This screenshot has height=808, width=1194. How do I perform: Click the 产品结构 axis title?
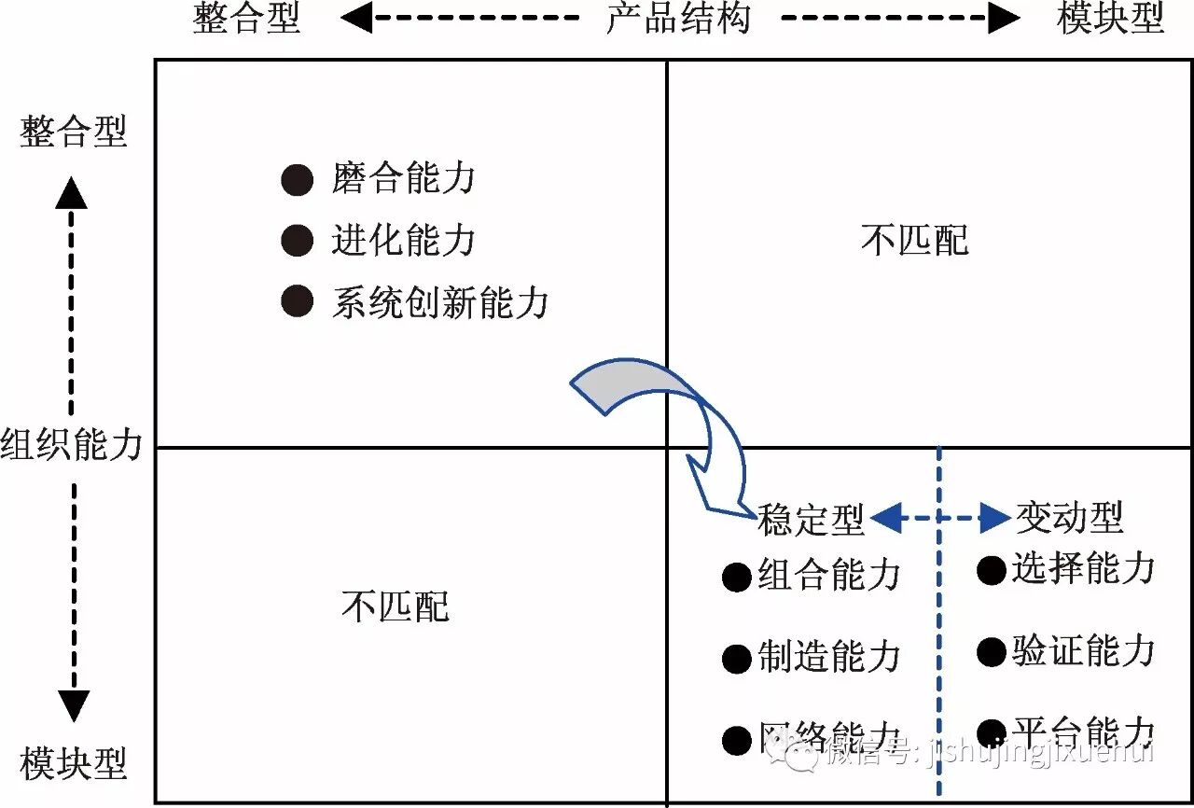coord(678,18)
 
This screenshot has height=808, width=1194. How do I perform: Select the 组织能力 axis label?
coord(72,444)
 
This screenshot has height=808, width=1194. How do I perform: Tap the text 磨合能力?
coord(403,178)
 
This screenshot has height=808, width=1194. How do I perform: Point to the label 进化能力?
coord(403,240)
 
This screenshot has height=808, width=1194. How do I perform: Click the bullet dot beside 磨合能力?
coord(297,179)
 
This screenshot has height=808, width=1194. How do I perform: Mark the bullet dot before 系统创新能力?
coord(297,301)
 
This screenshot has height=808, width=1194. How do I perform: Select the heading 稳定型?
coord(811,519)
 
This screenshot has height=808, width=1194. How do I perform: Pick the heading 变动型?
coord(1069,516)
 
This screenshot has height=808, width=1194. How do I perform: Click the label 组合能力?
coord(828,575)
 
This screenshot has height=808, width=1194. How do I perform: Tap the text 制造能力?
coord(828,657)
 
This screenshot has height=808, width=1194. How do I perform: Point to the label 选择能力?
coord(1083,568)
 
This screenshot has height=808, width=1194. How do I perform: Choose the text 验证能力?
coord(1083,650)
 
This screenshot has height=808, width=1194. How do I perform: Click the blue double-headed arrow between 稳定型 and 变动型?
coord(940,517)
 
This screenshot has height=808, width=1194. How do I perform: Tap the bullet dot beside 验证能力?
coord(991,652)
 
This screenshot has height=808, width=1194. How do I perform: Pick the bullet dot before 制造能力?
coord(736,659)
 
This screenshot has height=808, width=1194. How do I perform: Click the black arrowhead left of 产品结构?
coord(356,17)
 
